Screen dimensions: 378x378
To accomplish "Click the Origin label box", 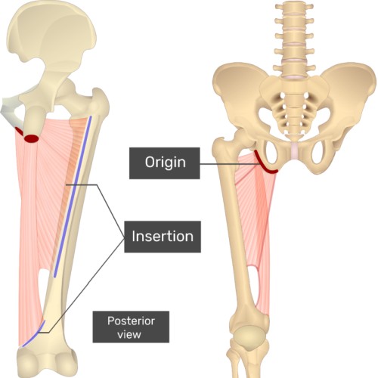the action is click(165, 163).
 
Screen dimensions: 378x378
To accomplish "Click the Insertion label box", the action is click(163, 237).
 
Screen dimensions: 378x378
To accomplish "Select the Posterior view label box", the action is click(131, 327).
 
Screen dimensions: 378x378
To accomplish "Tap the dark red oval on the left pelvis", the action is click(31, 138).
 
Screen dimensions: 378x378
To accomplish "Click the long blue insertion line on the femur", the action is click(73, 197).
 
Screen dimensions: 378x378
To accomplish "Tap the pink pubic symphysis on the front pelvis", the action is click(295, 152).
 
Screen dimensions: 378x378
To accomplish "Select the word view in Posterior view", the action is click(129, 335).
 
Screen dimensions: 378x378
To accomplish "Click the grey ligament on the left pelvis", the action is click(9, 111).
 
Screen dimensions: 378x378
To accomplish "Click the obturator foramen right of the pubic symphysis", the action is click(318, 153).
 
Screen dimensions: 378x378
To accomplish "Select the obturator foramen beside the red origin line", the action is click(270, 153).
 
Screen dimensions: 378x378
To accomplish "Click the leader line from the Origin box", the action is click(229, 164).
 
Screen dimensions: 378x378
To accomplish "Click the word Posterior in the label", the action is click(131, 321).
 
